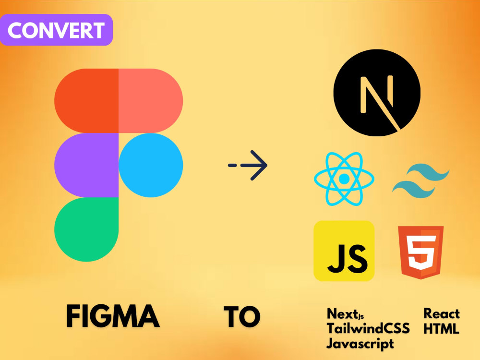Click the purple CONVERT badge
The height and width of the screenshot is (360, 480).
(56, 30)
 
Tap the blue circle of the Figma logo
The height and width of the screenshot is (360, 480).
(151, 165)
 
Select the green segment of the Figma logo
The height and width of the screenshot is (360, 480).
(86, 229)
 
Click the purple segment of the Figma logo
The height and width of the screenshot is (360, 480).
(86, 165)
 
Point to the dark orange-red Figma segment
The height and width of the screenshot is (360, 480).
(86, 101)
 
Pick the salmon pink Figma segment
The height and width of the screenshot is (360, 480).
(151, 101)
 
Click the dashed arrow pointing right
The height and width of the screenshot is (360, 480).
(248, 165)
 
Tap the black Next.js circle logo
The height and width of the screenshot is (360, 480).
(377, 93)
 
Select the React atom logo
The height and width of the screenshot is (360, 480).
(344, 179)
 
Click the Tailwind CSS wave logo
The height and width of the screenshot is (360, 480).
(421, 181)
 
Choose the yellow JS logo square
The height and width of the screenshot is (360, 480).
(344, 251)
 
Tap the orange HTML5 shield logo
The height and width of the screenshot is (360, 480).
(420, 252)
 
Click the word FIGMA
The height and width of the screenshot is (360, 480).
(113, 316)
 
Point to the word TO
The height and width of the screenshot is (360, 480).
(242, 316)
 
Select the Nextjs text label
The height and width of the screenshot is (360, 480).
(345, 314)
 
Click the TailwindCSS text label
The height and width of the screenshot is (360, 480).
(368, 328)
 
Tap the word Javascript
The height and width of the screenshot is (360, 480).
(360, 344)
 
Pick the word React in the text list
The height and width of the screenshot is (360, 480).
(442, 314)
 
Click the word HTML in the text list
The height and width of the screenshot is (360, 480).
(441, 328)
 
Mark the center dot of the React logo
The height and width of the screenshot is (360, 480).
(344, 179)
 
